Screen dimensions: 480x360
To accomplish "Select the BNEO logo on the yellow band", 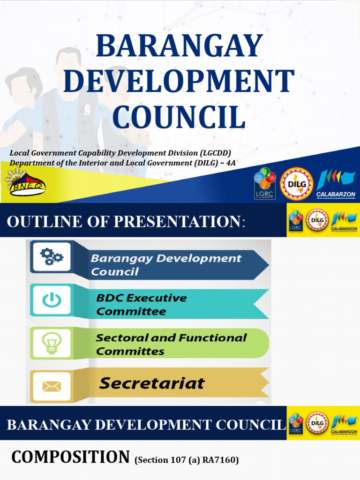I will click(24, 183).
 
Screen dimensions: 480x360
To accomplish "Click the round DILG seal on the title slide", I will click(296, 184).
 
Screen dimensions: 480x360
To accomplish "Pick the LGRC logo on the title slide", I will click(265, 184).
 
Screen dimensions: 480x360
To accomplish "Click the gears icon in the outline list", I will click(51, 256).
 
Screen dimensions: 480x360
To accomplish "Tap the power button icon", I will click(51, 300).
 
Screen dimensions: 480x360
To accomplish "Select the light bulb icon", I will click(51, 343).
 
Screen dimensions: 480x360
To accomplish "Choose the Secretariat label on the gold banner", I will click(152, 383).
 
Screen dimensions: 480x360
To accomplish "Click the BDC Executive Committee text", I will click(141, 304).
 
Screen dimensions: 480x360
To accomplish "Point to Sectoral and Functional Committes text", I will click(171, 344).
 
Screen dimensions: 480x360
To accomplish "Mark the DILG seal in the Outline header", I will click(317, 220).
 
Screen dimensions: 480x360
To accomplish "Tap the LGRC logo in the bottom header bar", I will click(295, 423).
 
